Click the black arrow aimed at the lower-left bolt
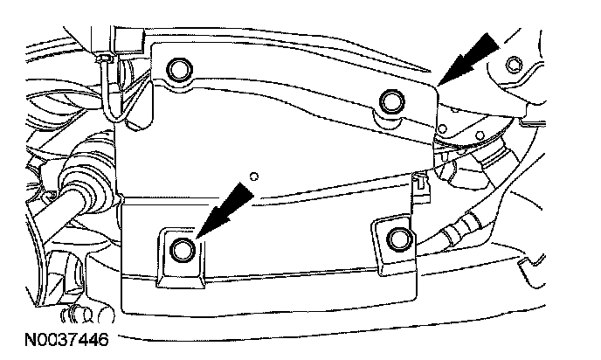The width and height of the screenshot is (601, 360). (219, 210)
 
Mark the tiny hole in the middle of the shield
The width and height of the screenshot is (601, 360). (253, 176)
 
